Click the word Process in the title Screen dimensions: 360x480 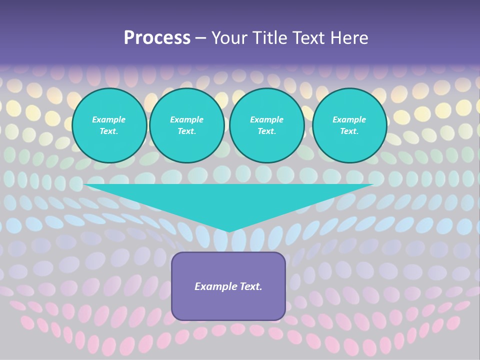tap(157, 38)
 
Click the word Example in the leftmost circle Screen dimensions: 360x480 tap(109, 119)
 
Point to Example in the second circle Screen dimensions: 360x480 tap(186, 119)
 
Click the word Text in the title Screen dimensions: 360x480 tap(310, 38)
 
